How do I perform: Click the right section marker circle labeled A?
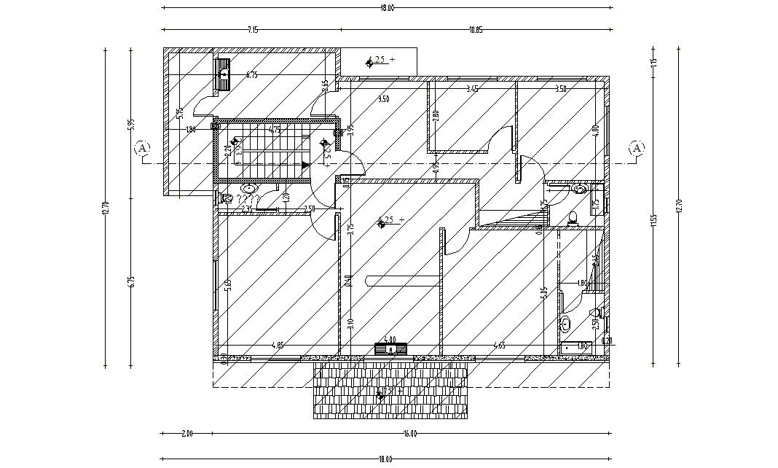[637, 148]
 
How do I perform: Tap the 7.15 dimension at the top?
[252, 30]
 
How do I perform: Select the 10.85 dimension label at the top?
[476, 30]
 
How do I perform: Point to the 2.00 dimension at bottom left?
[186, 434]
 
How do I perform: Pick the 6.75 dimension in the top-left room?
[252, 74]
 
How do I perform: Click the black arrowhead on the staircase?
[304, 165]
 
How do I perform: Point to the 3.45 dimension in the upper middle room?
[471, 89]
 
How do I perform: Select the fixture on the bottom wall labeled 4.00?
[390, 348]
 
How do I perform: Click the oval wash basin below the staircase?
[248, 188]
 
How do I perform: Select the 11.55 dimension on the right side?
[653, 219]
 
